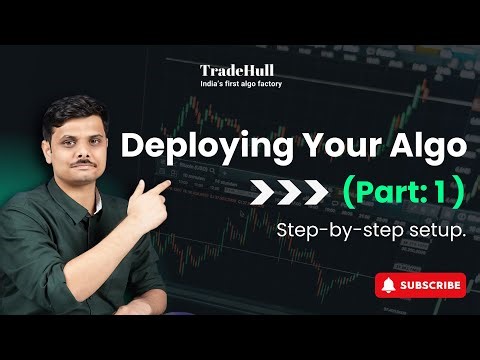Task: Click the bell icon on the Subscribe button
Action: coord(389,285)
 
